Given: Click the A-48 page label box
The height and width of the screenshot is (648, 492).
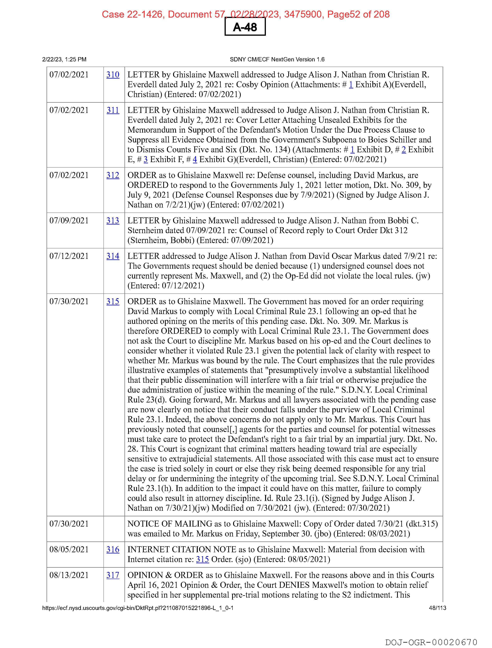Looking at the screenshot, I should (x=245, y=27).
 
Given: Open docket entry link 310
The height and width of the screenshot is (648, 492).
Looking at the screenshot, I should (x=113, y=75).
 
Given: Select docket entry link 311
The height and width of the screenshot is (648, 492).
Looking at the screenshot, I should (x=113, y=110).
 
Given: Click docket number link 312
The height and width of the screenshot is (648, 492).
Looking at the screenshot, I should (x=113, y=175).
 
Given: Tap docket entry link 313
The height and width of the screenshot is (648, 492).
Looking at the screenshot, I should (x=113, y=221).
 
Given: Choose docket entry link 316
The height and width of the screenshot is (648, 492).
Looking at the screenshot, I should (x=113, y=549).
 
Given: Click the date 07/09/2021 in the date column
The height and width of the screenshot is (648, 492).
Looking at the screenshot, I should (x=69, y=221).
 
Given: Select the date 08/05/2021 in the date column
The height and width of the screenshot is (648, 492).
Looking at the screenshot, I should (x=69, y=549).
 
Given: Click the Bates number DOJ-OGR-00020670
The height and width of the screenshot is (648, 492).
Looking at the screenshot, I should (x=431, y=642).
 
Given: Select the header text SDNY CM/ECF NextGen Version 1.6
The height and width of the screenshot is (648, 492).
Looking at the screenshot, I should (x=277, y=59).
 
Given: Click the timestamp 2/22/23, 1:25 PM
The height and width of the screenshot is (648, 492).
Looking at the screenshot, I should (x=64, y=59).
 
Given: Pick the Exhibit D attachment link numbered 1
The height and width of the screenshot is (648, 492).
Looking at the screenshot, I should (x=352, y=150).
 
